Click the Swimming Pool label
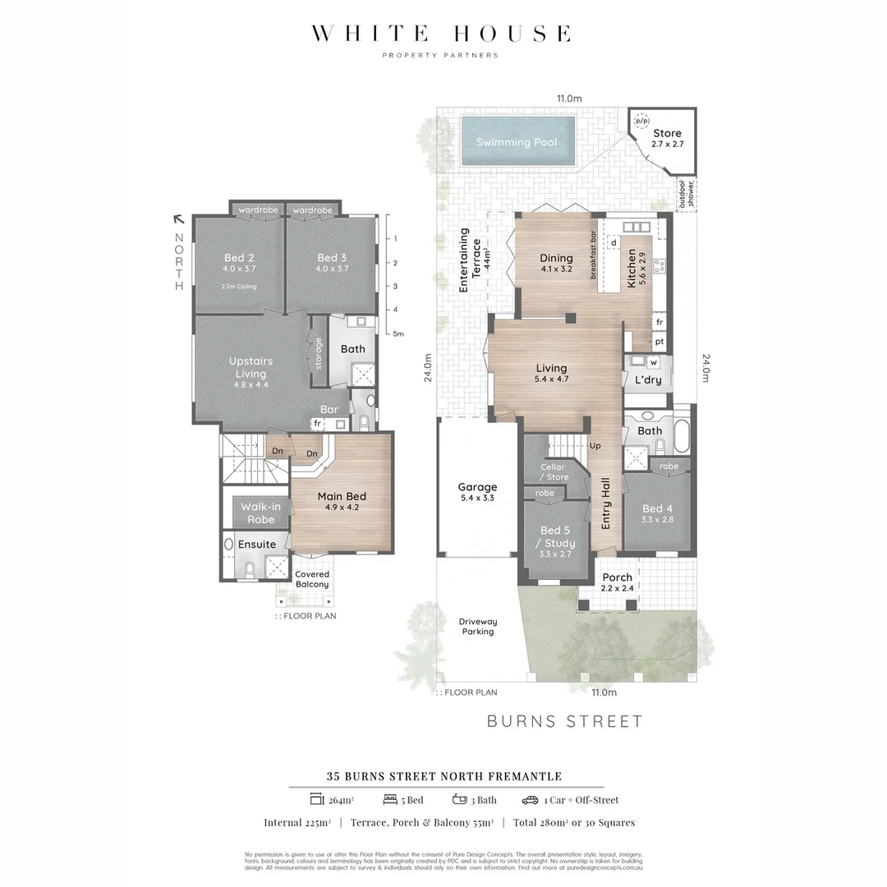coord(517,142)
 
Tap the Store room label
coord(667,133)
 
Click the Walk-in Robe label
coord(261,512)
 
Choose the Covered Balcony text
coord(312,579)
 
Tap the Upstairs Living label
coord(250,367)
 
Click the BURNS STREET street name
coord(565,722)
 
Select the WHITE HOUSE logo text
coord(440,34)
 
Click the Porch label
coord(617,577)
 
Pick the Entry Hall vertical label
coord(606,503)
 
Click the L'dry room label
coord(648,379)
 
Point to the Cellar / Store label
coord(553,471)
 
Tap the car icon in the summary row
coord(530,800)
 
